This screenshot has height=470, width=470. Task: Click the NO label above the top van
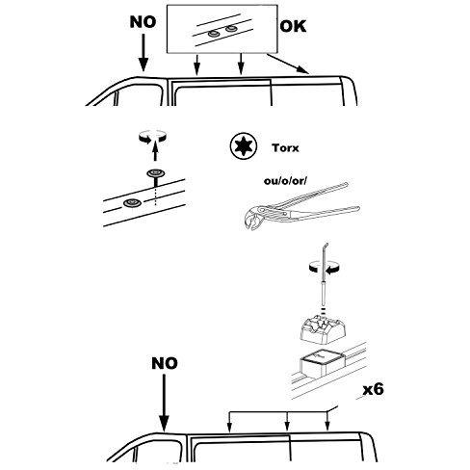point(143,22)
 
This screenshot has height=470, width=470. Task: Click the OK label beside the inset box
point(293,26)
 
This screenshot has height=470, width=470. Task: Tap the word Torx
point(285,148)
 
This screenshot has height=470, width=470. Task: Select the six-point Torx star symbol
point(245,146)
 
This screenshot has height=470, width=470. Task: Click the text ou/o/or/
point(285,181)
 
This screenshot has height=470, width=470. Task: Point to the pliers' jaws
point(251,219)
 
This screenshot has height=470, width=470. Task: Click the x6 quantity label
point(373,389)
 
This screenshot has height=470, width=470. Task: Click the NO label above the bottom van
point(165,363)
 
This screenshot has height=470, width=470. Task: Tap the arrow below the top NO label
point(144,52)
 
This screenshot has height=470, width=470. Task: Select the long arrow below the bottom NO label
point(164,404)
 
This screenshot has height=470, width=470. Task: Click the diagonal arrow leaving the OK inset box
point(288,64)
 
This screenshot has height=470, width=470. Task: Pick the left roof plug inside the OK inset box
point(213,34)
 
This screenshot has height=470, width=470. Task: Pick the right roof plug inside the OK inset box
point(231,29)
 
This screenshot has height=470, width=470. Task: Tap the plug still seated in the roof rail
point(132,202)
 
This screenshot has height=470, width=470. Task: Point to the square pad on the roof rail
point(323,364)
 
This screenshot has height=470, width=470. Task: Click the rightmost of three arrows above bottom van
point(327,421)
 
